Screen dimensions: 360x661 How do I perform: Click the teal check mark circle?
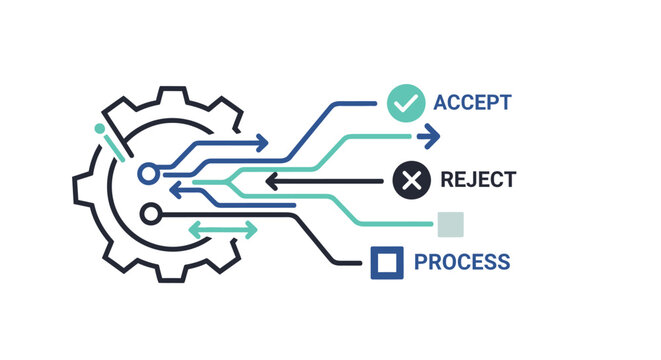click(x=404, y=102)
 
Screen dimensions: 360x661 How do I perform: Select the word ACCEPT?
click(x=472, y=102)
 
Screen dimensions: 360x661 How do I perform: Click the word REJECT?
click(x=478, y=181)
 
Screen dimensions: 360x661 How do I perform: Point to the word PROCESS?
click(x=461, y=263)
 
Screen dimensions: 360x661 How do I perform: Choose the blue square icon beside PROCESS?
click(x=387, y=263)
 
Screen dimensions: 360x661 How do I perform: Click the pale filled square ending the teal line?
click(x=450, y=225)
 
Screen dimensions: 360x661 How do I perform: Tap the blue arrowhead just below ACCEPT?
click(x=431, y=133)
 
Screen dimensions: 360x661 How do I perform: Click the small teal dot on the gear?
click(x=99, y=129)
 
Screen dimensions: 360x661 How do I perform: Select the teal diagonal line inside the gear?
click(x=112, y=146)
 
